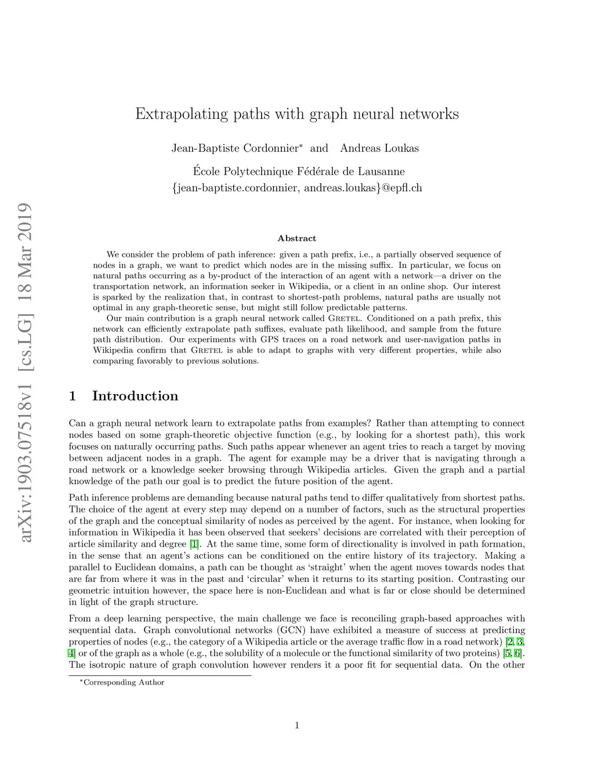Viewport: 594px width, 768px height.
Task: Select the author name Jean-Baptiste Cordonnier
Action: pyautogui.click(x=235, y=148)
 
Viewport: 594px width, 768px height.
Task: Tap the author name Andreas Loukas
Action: pyautogui.click(x=379, y=148)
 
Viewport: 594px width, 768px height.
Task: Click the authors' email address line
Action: pyautogui.click(x=297, y=188)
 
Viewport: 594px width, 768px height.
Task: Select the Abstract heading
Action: pyautogui.click(x=297, y=238)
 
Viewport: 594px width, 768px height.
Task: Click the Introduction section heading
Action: pyautogui.click(x=135, y=396)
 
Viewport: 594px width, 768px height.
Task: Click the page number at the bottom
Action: pyautogui.click(x=297, y=725)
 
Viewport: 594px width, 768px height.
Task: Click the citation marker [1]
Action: pyautogui.click(x=195, y=544)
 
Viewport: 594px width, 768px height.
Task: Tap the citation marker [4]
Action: pyautogui.click(x=72, y=653)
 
